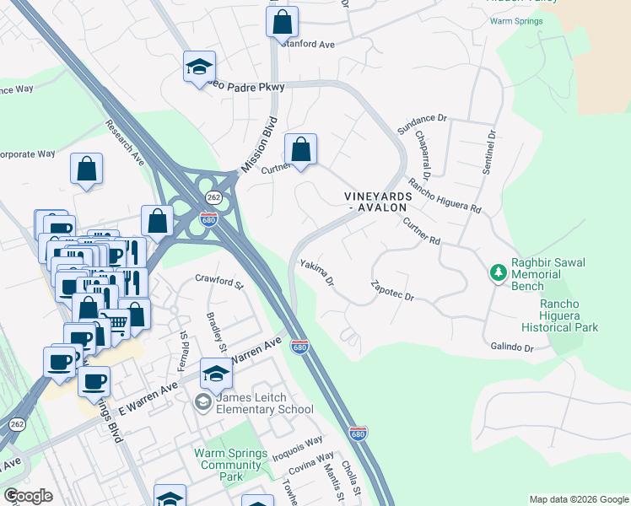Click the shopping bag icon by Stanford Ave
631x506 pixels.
click(282, 22)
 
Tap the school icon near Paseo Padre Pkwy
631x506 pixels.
click(200, 67)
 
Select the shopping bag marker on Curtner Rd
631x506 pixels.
click(300, 150)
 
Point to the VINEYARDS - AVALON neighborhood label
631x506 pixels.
click(378, 202)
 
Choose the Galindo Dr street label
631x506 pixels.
click(512, 347)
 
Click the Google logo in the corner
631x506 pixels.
click(28, 496)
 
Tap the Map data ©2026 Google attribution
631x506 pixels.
click(579, 499)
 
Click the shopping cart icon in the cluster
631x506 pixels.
click(115, 320)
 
